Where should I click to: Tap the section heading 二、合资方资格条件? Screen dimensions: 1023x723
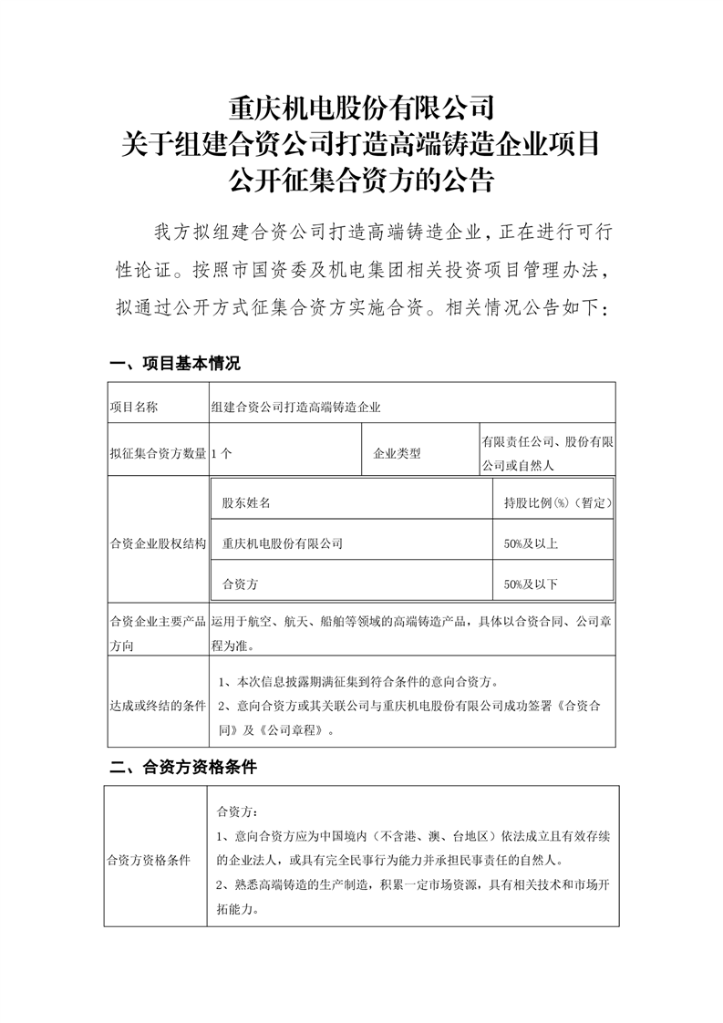point(182,767)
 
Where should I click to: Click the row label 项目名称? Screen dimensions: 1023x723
point(133,407)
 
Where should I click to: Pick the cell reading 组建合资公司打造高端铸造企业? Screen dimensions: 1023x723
point(295,407)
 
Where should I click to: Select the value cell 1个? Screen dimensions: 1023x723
point(220,453)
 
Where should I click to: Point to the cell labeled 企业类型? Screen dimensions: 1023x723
point(397,453)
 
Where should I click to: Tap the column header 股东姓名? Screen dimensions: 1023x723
point(246,502)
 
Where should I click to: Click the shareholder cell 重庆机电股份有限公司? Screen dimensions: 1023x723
point(283,543)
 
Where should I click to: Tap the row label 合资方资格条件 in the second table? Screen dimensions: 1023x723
point(149,860)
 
